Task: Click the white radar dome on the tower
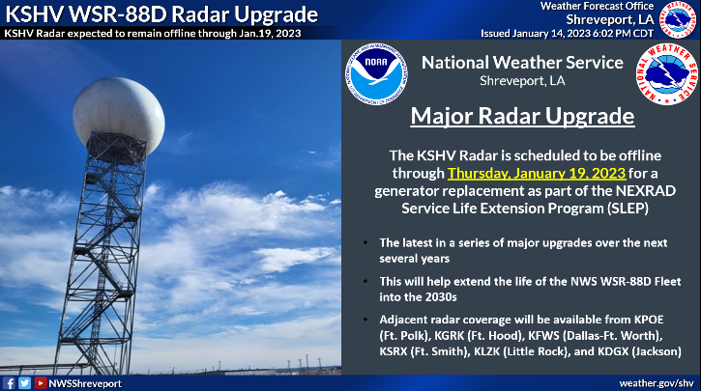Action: [x=119, y=116]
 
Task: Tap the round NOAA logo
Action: [x=376, y=74]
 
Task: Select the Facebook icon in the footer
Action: [x=9, y=383]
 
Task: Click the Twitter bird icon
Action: [x=24, y=383]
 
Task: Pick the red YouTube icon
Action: [x=41, y=383]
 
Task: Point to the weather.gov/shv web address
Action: [x=657, y=383]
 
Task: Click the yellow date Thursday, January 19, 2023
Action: [x=537, y=173]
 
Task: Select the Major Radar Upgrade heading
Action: [x=523, y=116]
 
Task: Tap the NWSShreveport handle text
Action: [x=85, y=383]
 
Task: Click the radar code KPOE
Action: [x=649, y=320]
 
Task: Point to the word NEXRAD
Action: [x=646, y=190]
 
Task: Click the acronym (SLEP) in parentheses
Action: [x=628, y=209]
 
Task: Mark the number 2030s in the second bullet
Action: [x=440, y=296]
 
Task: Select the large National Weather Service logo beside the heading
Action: [x=666, y=74]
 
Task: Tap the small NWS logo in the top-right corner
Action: [x=678, y=19]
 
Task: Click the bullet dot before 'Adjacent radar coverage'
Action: [x=365, y=320]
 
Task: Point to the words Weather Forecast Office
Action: [x=597, y=6]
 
